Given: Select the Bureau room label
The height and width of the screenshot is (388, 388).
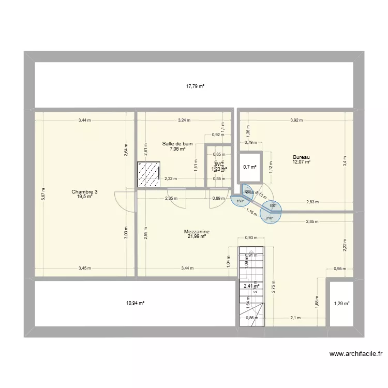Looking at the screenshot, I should (301, 157).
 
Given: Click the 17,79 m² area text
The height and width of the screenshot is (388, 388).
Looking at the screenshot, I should (195, 86).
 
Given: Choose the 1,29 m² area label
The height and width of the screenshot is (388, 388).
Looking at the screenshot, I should (341, 304).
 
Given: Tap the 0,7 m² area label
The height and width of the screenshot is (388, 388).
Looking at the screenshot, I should (250, 167).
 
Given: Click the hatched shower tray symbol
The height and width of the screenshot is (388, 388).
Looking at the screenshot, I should (148, 174).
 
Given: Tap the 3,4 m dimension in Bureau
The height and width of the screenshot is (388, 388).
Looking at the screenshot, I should (345, 161).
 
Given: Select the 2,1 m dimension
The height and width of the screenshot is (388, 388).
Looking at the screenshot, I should (295, 318).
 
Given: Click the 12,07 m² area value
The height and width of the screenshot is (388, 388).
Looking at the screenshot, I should (301, 162).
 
